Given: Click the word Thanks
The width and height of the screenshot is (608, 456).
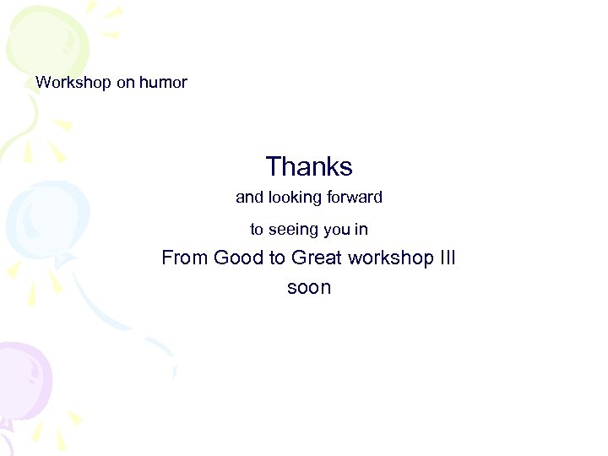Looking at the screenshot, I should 309,166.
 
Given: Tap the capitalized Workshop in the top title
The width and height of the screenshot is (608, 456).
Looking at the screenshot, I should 73,83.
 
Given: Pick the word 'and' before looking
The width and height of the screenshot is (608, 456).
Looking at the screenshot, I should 249,198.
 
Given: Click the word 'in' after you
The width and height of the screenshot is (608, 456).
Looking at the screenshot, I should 361,230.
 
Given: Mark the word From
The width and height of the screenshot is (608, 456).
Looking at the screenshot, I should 185,258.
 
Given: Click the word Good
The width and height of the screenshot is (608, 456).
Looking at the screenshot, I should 239,258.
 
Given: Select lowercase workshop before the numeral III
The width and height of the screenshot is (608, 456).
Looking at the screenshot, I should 390,258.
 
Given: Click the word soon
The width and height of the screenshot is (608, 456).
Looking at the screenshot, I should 309,288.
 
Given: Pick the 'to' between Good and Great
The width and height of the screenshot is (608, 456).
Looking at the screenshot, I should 277,258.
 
